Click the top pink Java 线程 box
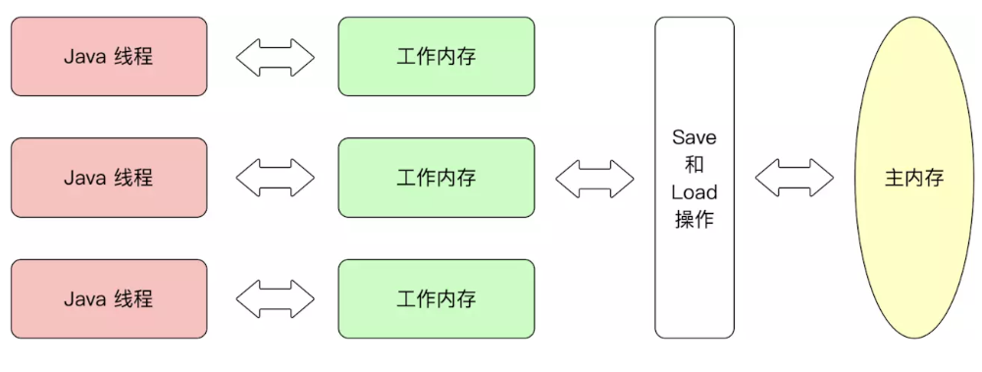click(x=109, y=56)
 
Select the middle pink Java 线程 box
click(x=109, y=178)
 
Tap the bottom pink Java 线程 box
click(x=109, y=299)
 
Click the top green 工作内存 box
click(x=437, y=56)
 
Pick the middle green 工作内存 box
click(x=437, y=178)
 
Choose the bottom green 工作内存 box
click(x=437, y=299)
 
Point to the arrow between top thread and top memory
click(x=275, y=57)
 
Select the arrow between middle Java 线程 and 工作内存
click(x=275, y=178)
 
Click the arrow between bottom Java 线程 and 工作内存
click(x=275, y=299)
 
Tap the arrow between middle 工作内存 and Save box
click(x=594, y=178)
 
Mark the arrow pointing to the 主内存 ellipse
click(x=794, y=178)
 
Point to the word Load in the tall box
click(x=695, y=191)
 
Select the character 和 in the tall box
click(x=695, y=164)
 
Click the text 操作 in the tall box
click(x=695, y=219)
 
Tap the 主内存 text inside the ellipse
click(x=914, y=179)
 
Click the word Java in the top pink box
click(x=84, y=56)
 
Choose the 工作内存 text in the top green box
click(x=437, y=56)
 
